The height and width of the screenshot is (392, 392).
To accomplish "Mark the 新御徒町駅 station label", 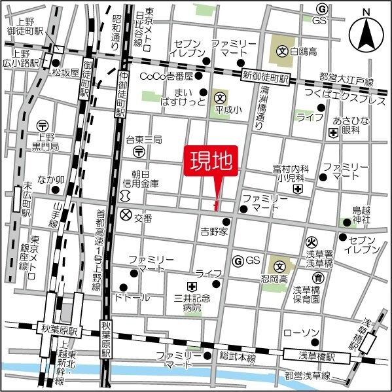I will pos(264,78).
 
